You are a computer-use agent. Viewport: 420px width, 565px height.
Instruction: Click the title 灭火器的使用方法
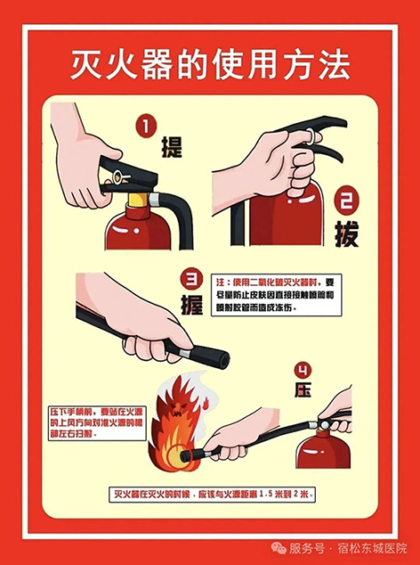click(210, 66)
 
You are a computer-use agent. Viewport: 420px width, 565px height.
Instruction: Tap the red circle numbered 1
click(146, 127)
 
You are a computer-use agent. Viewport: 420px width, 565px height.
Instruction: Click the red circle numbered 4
click(303, 371)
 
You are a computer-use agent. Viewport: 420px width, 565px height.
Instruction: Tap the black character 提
click(172, 147)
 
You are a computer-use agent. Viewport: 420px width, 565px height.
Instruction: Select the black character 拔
click(346, 233)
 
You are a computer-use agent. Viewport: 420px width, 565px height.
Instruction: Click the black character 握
click(192, 305)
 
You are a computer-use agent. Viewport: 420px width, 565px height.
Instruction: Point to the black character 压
click(303, 389)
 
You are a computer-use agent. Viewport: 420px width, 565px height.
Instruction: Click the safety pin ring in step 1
click(117, 177)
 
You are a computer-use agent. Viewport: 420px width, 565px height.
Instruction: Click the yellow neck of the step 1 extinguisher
click(139, 200)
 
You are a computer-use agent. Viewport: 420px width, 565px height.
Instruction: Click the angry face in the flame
click(180, 407)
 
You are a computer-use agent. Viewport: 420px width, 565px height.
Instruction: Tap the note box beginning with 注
click(277, 295)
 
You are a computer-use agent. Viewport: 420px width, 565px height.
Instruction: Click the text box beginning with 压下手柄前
click(98, 423)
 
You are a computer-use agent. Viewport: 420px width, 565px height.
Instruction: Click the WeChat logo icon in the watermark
click(279, 548)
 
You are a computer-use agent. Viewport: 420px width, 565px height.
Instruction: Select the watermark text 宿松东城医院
click(372, 548)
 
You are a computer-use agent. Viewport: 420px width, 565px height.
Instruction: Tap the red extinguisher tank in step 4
click(324, 449)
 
